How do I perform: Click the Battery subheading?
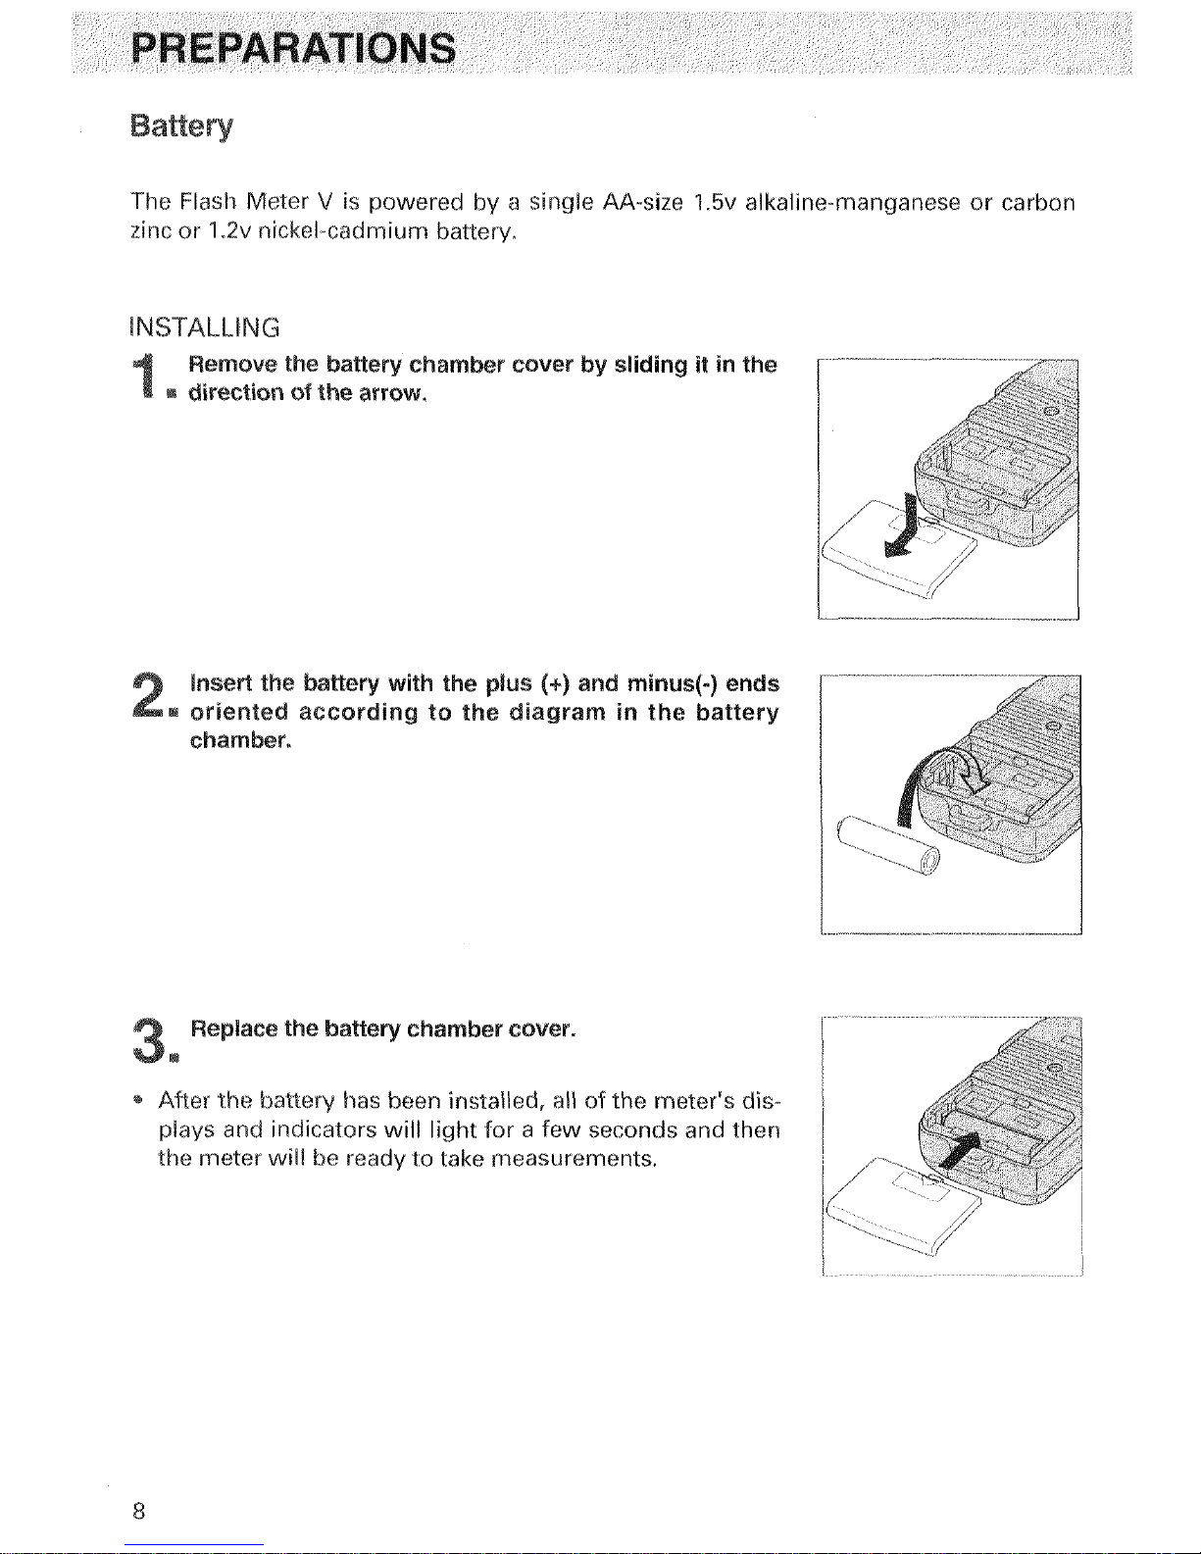182,126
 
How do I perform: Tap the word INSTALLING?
205,326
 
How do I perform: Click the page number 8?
138,1511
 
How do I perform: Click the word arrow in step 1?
391,394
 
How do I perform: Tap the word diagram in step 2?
557,712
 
